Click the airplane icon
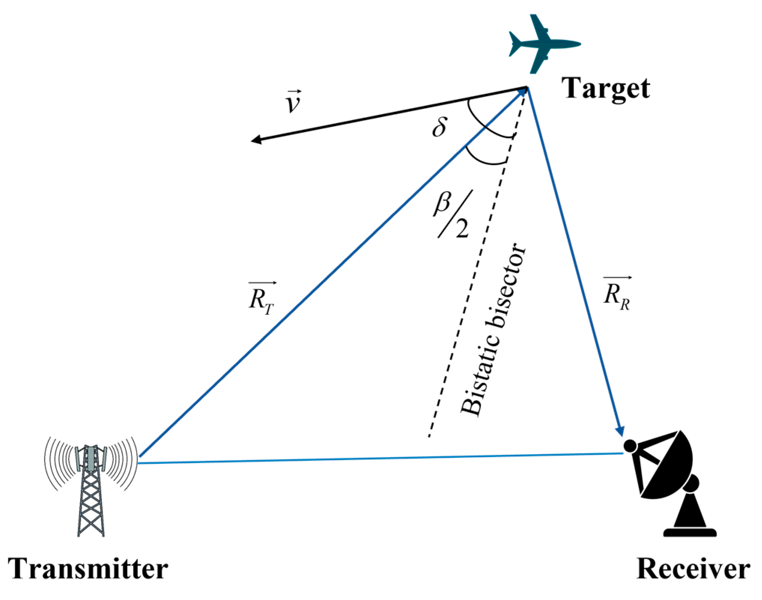(x=543, y=44)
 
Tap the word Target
(x=606, y=88)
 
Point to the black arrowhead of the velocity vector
(x=256, y=140)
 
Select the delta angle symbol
(x=439, y=127)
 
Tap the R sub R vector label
(x=616, y=294)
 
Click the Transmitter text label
(x=88, y=569)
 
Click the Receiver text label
(x=693, y=569)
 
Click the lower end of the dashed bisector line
(x=430, y=435)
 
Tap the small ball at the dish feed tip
(x=630, y=445)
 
